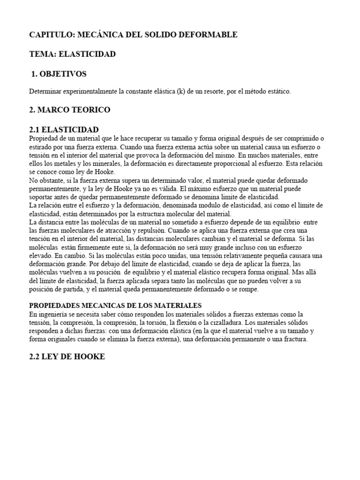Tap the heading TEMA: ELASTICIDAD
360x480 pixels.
pyautogui.click(x=72, y=54)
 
